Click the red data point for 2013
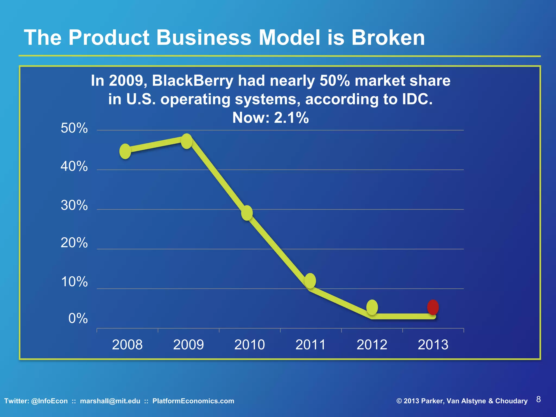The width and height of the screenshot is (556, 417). tap(433, 307)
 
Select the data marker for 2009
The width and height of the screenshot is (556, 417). tap(187, 141)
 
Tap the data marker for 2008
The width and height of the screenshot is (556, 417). tap(125, 151)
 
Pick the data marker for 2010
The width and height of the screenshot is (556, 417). tap(247, 213)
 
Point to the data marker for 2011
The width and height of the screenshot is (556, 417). tap(310, 281)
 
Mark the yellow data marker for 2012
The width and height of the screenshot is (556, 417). tap(372, 307)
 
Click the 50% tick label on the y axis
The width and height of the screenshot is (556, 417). tap(74, 128)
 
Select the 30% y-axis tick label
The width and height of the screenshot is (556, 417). tap(74, 205)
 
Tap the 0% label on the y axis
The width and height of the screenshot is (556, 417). tap(78, 318)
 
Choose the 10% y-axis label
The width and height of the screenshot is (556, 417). tap(74, 282)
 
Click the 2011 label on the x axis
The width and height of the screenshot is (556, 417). tap(311, 345)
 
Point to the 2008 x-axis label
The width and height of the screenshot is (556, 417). tap(127, 345)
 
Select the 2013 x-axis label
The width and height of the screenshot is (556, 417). tap(433, 345)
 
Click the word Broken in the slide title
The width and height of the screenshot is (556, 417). tap(388, 37)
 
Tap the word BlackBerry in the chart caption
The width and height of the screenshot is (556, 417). tap(192, 81)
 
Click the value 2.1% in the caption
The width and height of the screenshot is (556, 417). tap(291, 118)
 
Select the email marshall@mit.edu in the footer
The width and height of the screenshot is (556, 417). tap(110, 401)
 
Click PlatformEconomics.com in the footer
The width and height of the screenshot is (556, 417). tap(193, 401)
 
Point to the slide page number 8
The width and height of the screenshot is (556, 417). tap(538, 399)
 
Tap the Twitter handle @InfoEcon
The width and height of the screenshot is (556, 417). tap(49, 401)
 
